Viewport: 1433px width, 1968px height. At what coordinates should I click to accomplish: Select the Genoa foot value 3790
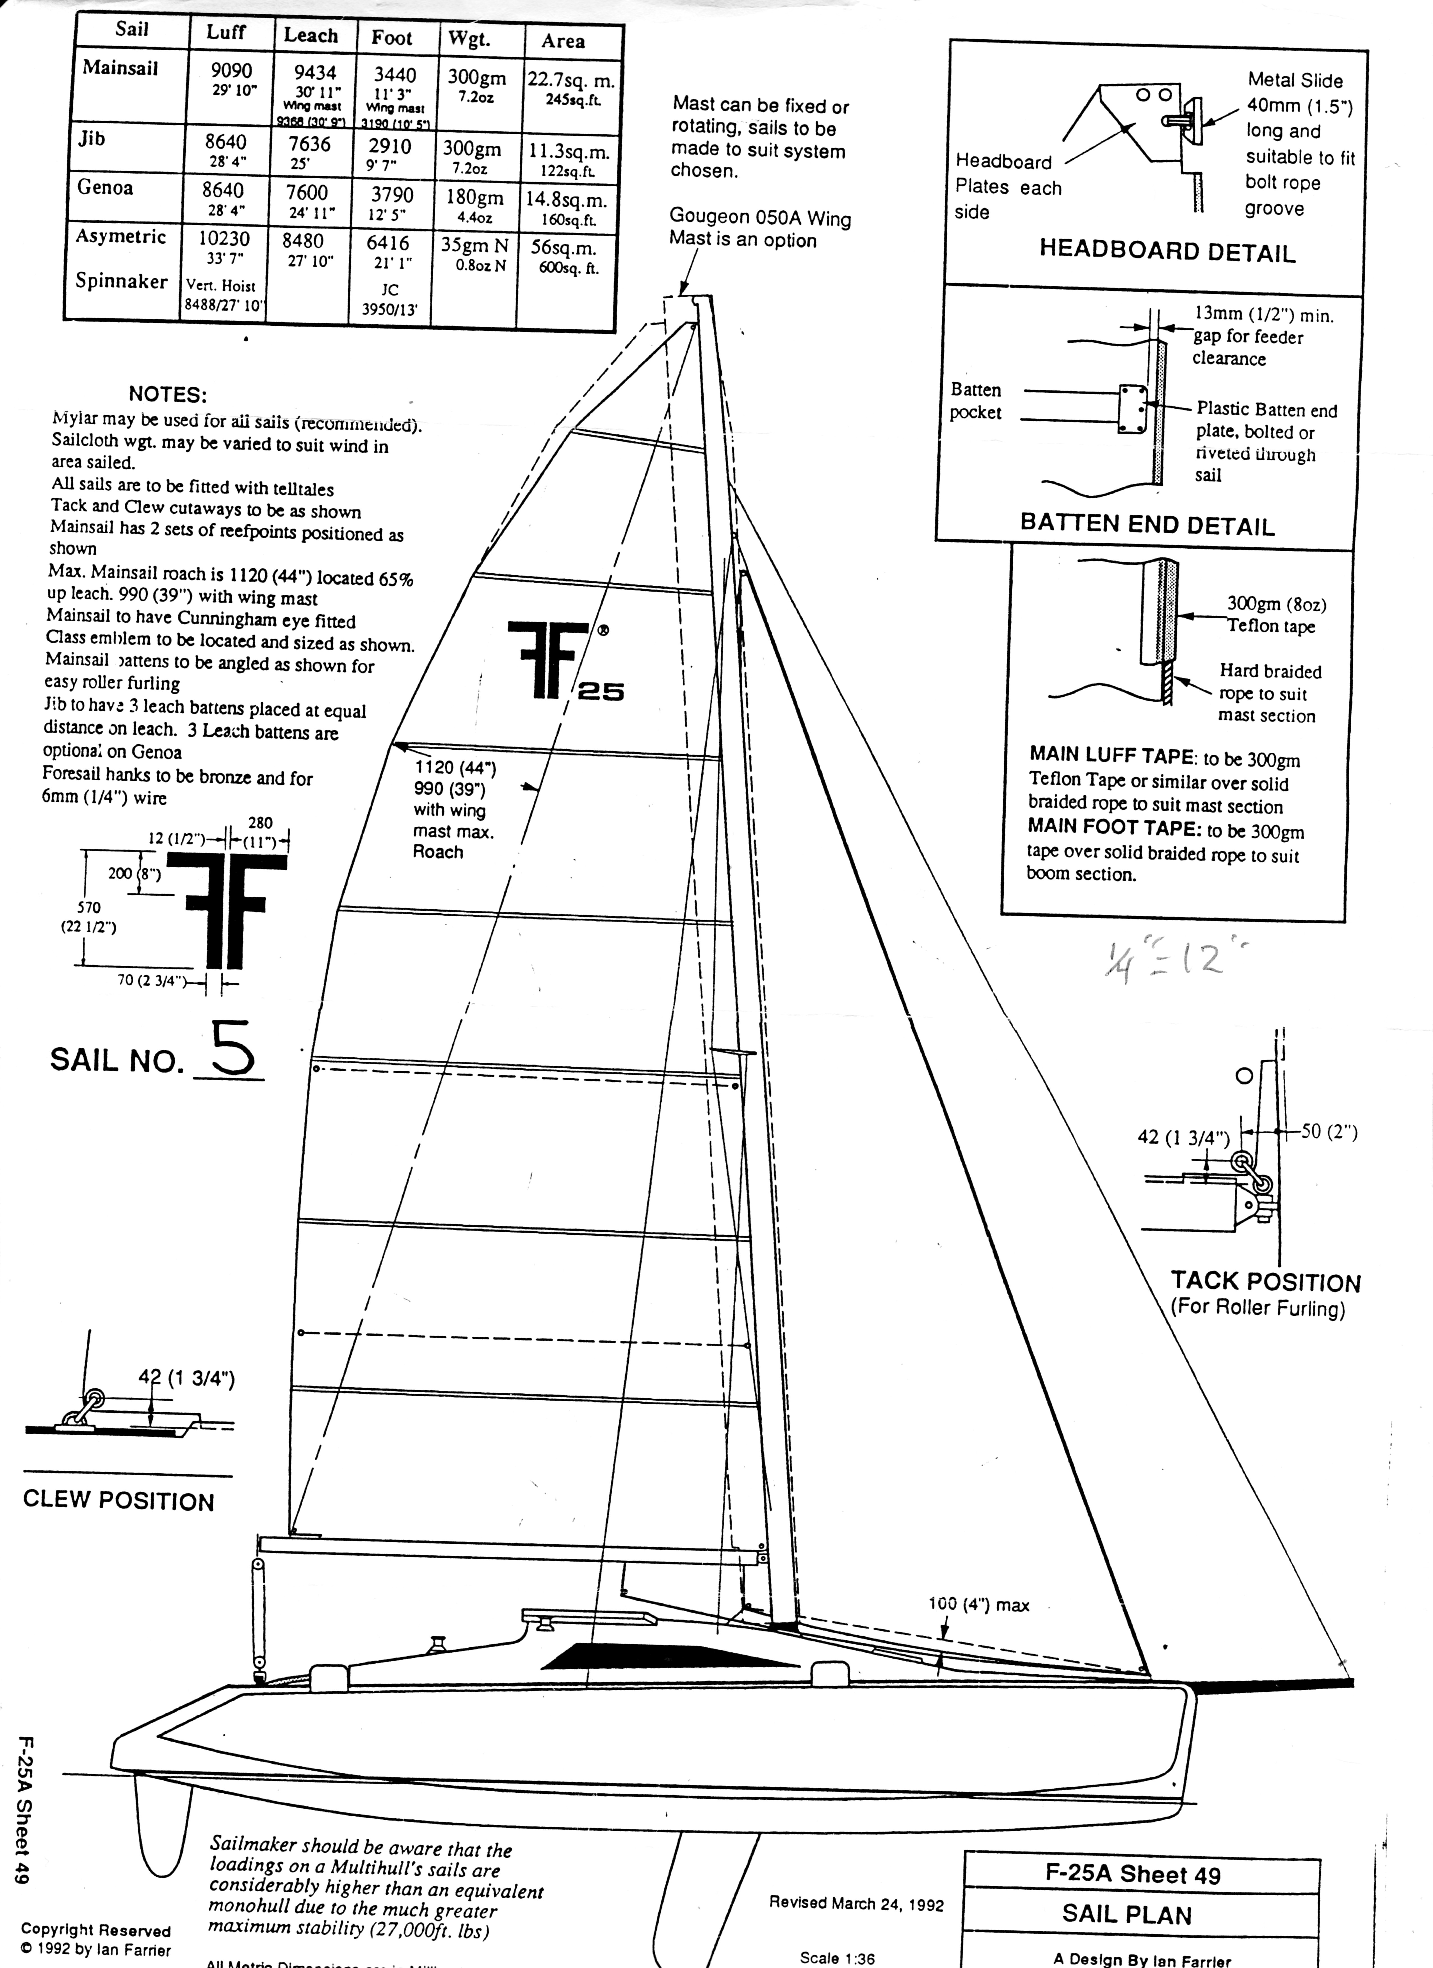pos(392,194)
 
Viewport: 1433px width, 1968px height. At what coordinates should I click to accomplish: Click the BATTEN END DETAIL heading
pos(1147,524)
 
